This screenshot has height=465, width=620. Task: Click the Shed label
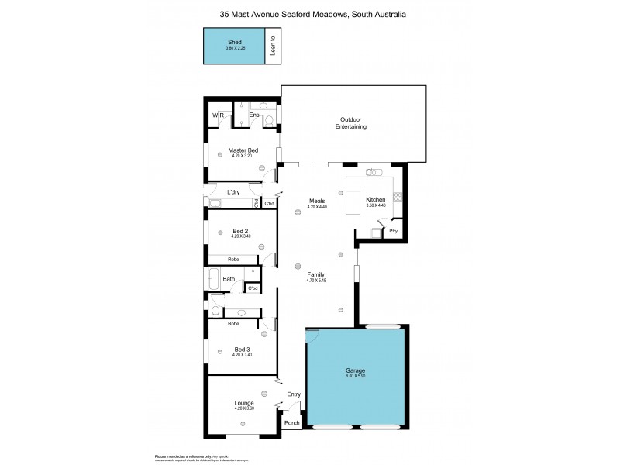click(x=234, y=42)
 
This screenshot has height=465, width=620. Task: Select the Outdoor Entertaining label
click(x=353, y=122)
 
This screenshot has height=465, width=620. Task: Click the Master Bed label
click(x=243, y=150)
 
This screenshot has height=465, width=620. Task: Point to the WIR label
click(x=218, y=116)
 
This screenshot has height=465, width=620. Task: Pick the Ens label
click(x=253, y=115)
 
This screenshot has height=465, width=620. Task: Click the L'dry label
click(x=232, y=191)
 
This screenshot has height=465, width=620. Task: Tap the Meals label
click(x=316, y=201)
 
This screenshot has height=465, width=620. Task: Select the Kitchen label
click(x=376, y=200)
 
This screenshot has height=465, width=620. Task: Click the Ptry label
click(x=393, y=230)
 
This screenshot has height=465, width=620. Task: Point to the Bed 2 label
click(x=241, y=230)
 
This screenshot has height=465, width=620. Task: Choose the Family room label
click(x=315, y=274)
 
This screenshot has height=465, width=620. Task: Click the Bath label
click(x=229, y=278)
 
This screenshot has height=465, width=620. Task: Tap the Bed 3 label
click(x=242, y=349)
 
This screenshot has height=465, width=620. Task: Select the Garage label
click(x=356, y=370)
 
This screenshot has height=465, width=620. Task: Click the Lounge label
click(x=244, y=403)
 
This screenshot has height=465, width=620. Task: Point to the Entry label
click(x=294, y=394)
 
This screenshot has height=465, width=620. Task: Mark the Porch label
click(x=291, y=423)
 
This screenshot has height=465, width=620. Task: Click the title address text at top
click(x=310, y=14)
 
